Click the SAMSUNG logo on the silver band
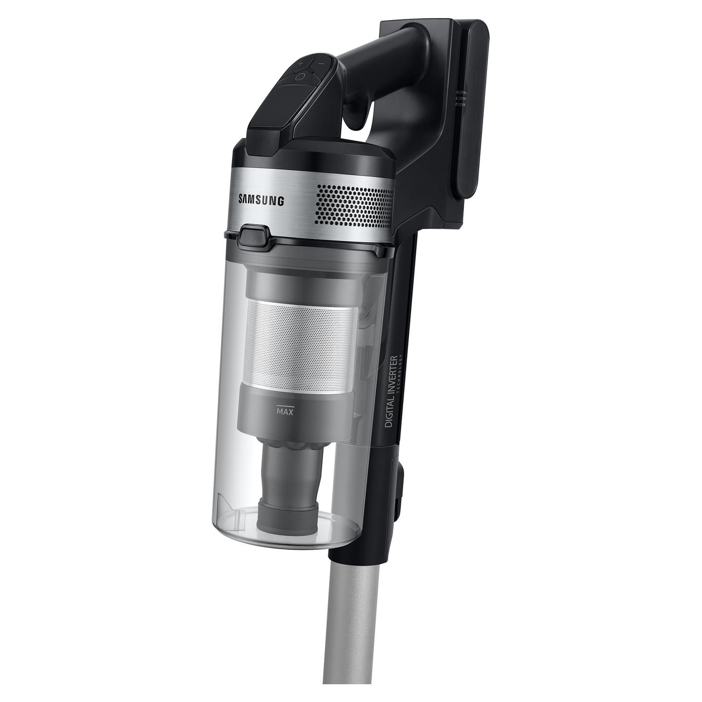262,200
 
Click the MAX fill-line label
285,411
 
